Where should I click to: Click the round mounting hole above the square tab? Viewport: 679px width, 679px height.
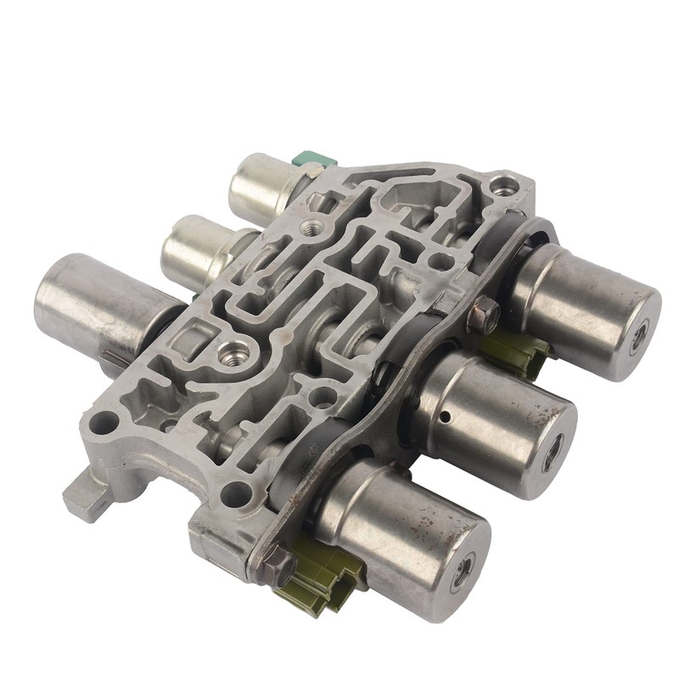point(104,418)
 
